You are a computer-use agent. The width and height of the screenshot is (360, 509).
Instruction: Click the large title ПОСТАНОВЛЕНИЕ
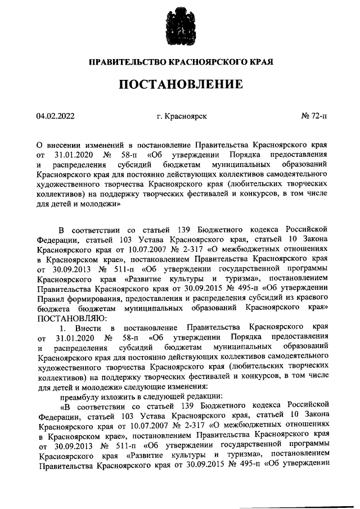(181, 85)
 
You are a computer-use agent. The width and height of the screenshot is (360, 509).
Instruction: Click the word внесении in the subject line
(65, 144)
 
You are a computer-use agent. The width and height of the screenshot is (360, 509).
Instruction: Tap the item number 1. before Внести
(63, 327)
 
